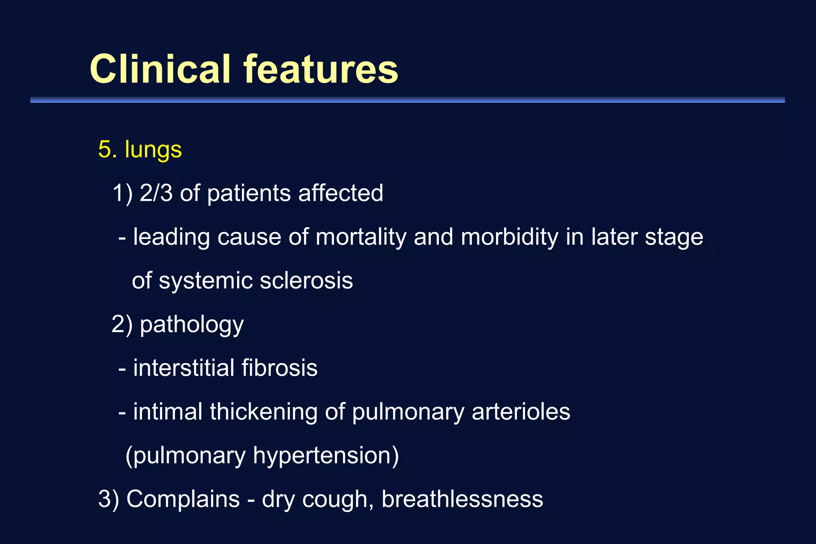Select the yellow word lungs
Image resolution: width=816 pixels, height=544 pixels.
(x=153, y=150)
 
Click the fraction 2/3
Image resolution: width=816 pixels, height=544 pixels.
(x=156, y=193)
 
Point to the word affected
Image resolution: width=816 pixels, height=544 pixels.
(x=341, y=193)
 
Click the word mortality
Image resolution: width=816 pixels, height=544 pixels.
(x=361, y=237)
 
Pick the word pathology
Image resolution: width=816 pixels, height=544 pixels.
(x=192, y=325)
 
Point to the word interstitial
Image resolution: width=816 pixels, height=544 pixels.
(x=184, y=368)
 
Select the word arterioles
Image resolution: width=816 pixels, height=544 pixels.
(x=521, y=411)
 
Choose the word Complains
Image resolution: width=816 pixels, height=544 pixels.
(x=183, y=499)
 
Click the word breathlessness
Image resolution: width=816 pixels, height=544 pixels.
(x=462, y=499)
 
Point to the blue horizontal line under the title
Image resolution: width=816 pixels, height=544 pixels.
(x=407, y=100)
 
